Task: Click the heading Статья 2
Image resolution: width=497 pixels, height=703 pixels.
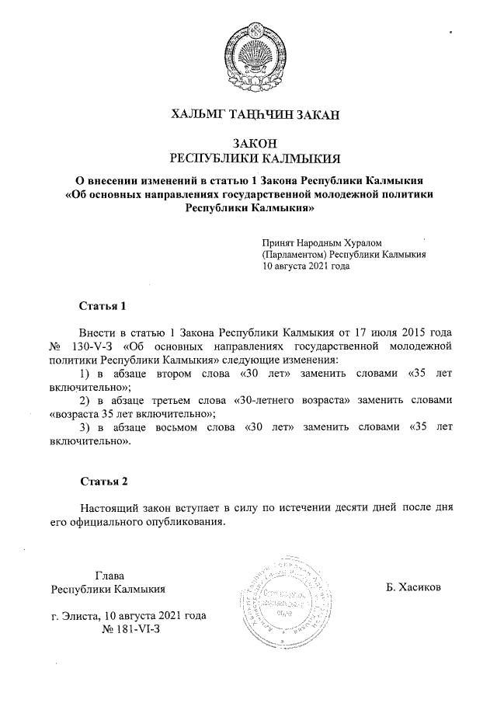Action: click(x=103, y=482)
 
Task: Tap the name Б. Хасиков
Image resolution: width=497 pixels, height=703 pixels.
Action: click(x=412, y=587)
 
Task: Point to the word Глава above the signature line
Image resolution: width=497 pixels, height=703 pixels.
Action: click(x=109, y=576)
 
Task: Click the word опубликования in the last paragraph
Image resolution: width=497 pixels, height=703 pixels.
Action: click(x=189, y=521)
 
